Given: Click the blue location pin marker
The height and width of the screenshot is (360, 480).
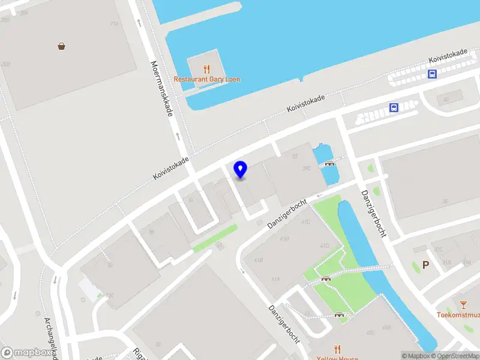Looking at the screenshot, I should (240, 169).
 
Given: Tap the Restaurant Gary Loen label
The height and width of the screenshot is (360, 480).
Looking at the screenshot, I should (207, 79).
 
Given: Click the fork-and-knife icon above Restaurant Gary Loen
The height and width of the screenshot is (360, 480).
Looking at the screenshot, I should (207, 69).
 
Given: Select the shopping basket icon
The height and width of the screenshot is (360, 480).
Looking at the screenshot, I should (61, 46).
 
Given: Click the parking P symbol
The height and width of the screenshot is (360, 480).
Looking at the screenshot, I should (426, 265).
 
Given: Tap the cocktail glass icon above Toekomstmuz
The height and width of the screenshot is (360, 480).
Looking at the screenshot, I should (463, 305).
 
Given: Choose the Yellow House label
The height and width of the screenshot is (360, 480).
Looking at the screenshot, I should (337, 358).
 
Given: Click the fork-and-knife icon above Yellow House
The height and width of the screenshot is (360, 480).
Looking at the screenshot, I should (337, 349).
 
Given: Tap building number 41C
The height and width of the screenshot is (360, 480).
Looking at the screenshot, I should (306, 222).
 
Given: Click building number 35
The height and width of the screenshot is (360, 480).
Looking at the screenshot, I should (445, 202).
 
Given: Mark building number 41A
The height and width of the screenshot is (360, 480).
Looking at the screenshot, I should (275, 279).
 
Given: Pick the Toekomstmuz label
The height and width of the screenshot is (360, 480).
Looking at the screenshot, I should (458, 314).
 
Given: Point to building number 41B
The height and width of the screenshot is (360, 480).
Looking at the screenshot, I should (259, 260).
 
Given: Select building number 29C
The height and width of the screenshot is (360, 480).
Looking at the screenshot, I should (307, 169).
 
